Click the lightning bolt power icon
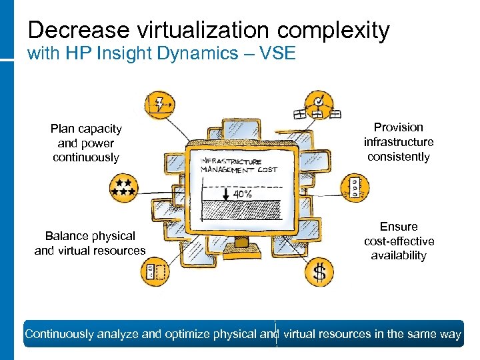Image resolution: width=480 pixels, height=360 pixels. coord(162,104)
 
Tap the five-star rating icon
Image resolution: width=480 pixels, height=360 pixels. coord(123,187)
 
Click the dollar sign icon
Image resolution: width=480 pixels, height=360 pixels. coord(320,272)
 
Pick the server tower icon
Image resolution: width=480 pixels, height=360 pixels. coord(355,187)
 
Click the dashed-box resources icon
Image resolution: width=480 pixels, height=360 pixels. coord(155,272)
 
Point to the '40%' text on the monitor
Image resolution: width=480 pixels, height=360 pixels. coord(241,194)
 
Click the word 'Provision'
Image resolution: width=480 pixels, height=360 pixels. coord(398,127)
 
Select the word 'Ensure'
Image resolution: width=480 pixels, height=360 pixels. coord(399,227)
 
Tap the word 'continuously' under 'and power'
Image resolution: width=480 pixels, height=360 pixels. coord(86,157)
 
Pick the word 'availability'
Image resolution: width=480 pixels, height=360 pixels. coord(399,255)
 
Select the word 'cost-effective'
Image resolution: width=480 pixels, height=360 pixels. coord(399,241)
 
